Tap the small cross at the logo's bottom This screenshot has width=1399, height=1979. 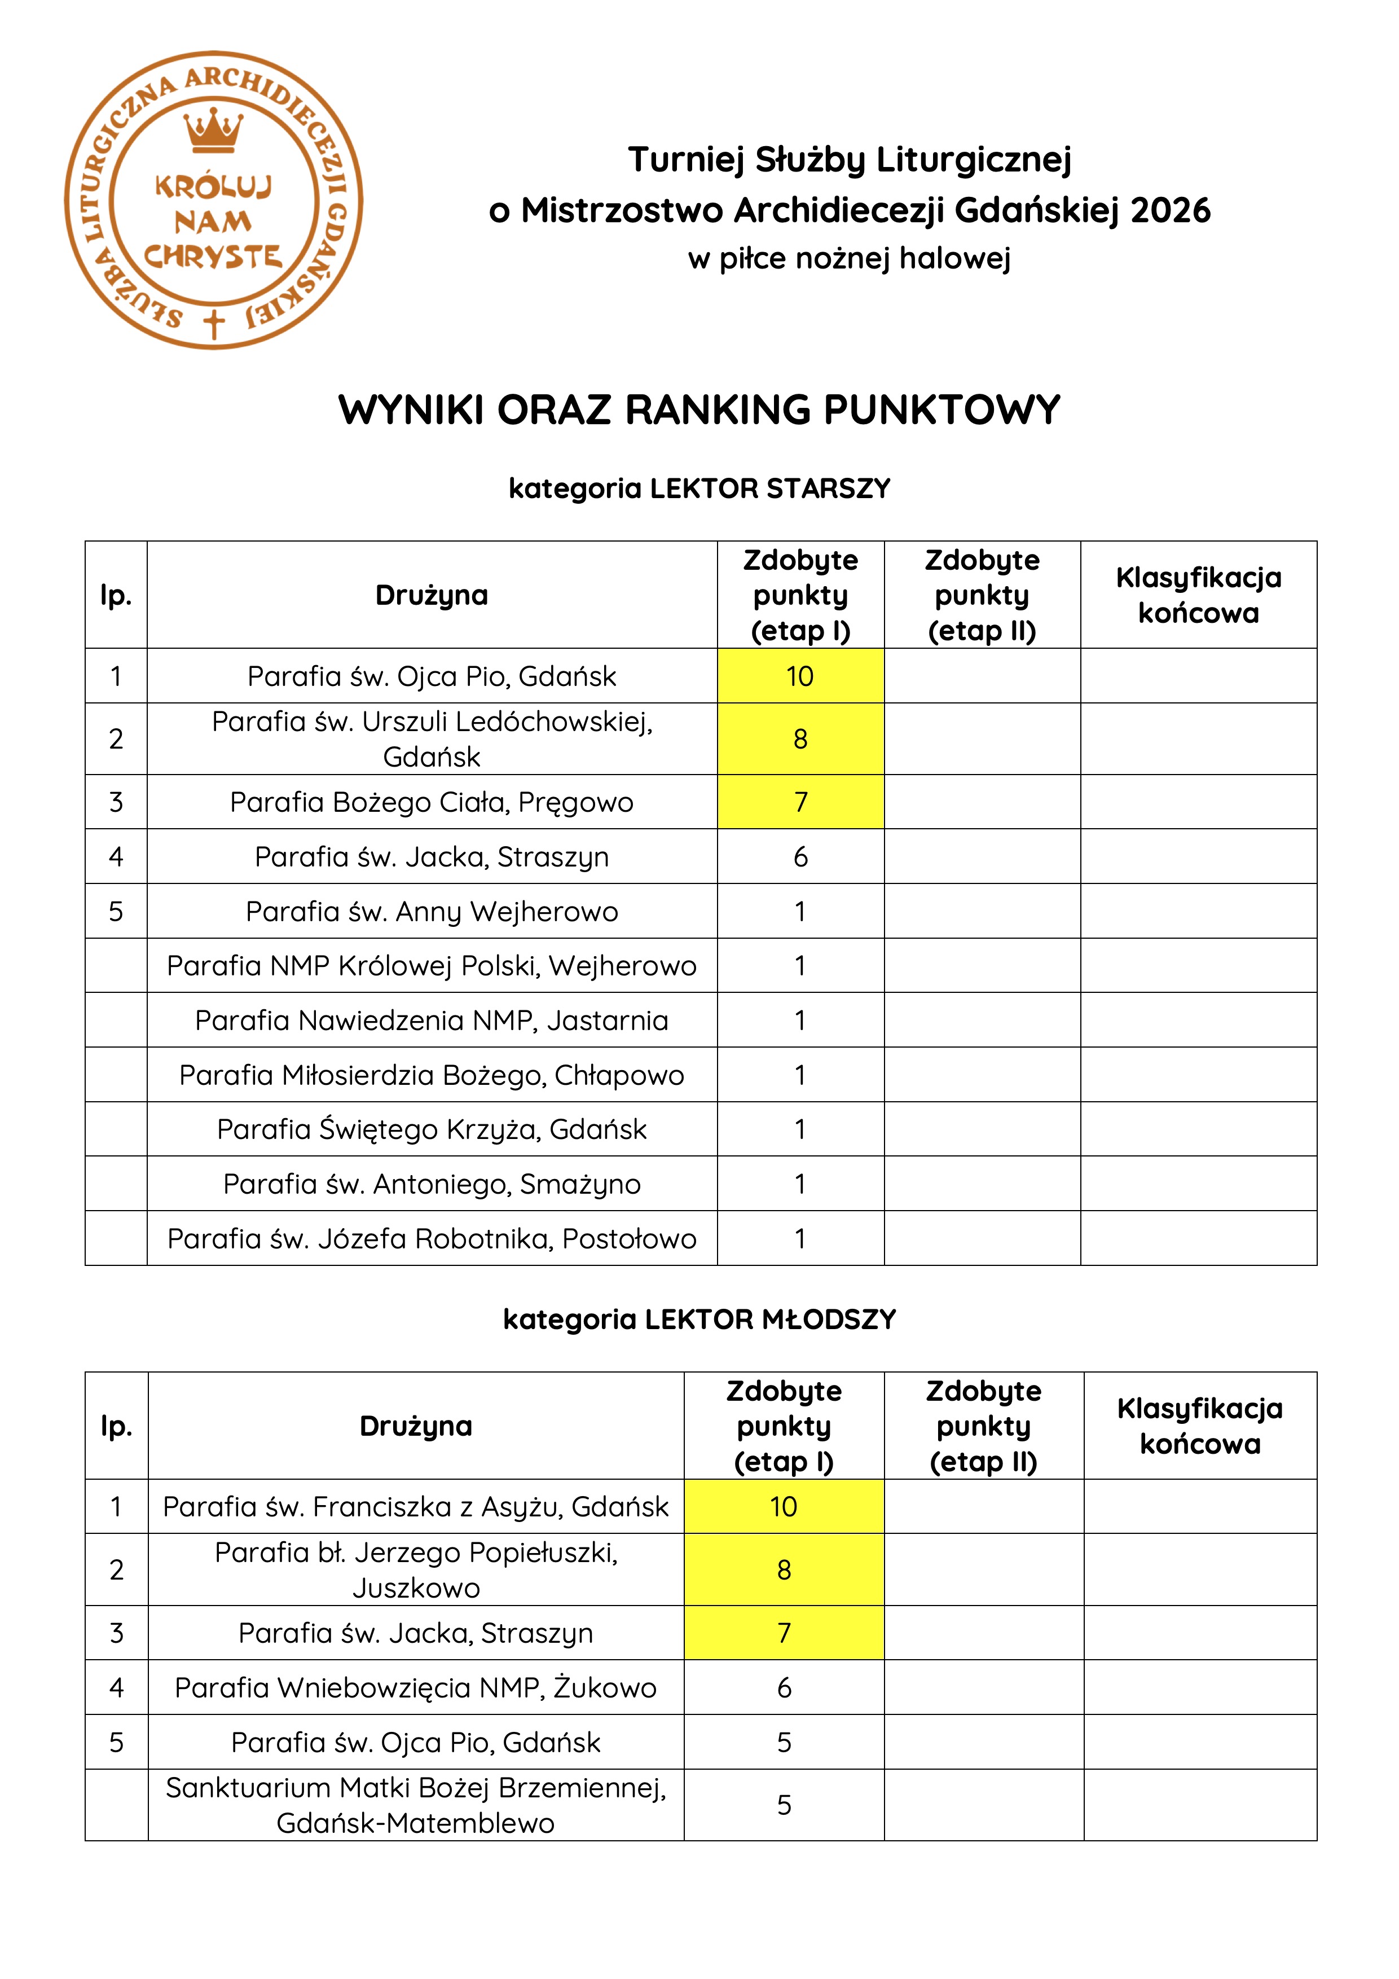214,323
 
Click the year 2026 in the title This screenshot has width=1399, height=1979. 1170,210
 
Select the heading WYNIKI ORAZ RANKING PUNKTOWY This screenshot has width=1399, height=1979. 699,410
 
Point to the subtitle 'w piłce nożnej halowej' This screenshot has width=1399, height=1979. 849,258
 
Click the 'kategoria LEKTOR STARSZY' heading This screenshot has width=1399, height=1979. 699,489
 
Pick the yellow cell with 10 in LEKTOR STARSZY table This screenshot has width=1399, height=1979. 800,676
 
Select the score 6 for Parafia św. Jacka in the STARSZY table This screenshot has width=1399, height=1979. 800,857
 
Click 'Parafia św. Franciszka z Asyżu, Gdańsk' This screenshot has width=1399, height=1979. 416,1507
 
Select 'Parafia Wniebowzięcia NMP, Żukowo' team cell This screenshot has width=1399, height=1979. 416,1688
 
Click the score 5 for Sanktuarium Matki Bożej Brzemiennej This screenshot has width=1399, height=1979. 784,1805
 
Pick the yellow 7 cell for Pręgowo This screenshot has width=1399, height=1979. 800,802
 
